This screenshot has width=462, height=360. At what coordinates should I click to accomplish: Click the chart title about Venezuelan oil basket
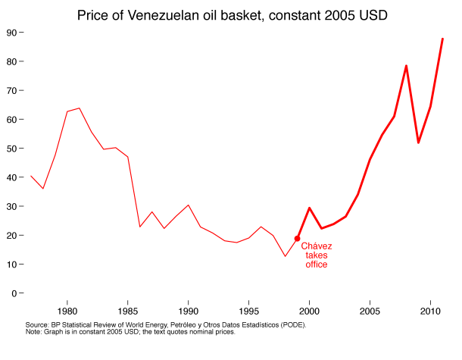(230, 14)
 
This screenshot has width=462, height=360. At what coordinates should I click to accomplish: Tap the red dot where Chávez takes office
(297, 239)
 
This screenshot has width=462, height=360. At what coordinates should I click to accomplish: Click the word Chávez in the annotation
(317, 246)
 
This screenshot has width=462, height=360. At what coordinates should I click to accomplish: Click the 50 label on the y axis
(13, 149)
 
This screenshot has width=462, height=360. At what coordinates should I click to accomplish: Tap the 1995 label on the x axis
(248, 311)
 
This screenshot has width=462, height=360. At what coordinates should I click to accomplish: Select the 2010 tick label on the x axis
(430, 311)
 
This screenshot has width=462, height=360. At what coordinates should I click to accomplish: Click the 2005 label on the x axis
(370, 311)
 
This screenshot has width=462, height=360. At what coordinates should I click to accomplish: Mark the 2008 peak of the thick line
(406, 65)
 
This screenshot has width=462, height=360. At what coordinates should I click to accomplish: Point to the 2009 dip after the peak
(418, 142)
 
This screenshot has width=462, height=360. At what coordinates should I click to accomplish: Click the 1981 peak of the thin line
(79, 108)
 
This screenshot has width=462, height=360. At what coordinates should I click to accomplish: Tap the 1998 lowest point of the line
(285, 256)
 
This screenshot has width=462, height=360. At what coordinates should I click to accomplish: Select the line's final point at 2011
(442, 39)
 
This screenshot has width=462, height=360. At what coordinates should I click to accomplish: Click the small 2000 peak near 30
(309, 208)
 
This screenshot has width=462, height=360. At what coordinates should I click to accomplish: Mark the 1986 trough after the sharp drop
(139, 227)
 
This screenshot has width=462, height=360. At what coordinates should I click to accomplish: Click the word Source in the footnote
(37, 324)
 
